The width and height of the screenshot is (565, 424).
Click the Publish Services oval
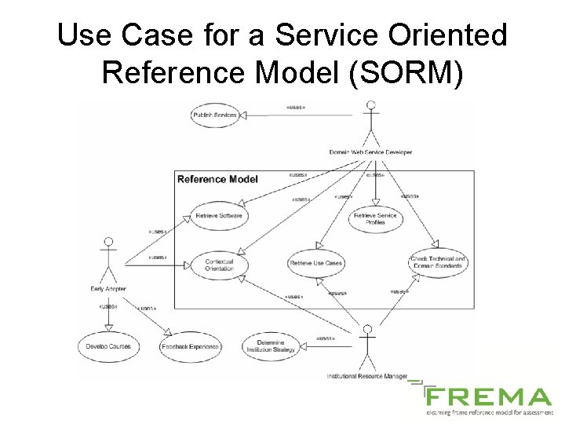click(215, 115)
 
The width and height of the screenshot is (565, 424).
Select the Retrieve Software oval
click(220, 215)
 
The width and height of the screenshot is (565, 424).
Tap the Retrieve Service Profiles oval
click(375, 218)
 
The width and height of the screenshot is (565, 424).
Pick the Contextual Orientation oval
click(219, 265)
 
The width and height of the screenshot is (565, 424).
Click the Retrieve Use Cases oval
click(316, 263)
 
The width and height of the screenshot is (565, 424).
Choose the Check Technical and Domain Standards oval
click(437, 262)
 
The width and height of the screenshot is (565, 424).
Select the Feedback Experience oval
click(191, 346)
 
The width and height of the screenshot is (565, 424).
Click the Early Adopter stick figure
click(109, 259)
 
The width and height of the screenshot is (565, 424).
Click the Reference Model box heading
click(217, 179)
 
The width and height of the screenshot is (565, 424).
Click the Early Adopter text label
click(108, 290)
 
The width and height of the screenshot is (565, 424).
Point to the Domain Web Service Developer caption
click(371, 152)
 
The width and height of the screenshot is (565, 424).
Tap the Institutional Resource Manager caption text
click(367, 376)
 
